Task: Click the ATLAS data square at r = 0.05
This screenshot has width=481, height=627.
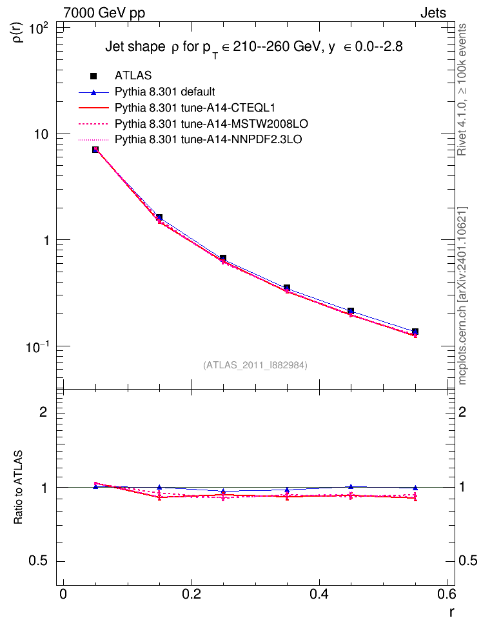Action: coord(95,150)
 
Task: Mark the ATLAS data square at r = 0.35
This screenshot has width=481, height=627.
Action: coord(287,288)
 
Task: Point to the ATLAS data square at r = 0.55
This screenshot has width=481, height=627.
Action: coord(415,332)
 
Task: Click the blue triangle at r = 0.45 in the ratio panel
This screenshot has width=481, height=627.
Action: coord(351,486)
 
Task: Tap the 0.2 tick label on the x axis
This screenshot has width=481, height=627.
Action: coord(191,594)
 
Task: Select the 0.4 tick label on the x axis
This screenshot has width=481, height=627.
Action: coord(319,594)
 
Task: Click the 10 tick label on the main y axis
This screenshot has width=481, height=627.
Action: coord(40,134)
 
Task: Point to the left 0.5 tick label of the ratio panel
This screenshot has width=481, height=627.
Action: coord(38,561)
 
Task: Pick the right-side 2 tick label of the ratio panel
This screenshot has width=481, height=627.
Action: coord(462,412)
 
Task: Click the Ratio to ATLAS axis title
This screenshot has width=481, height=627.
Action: coord(17,487)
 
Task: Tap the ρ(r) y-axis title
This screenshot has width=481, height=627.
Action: coord(18,32)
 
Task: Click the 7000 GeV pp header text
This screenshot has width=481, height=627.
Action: coord(104,13)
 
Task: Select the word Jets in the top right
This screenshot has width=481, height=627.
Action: coord(433,13)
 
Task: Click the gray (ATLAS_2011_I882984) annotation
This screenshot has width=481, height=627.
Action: coord(255,365)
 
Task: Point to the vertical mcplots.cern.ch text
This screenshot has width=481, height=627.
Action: coord(462,295)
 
